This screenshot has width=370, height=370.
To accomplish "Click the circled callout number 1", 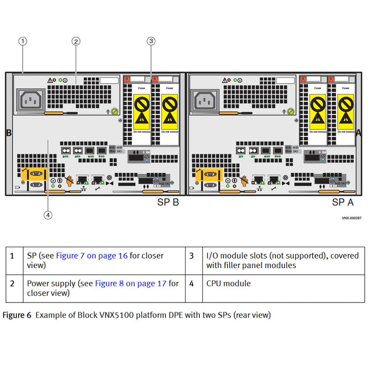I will [x=23, y=41].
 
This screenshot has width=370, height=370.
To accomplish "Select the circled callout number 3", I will [x=151, y=41].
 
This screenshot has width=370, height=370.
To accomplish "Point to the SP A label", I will [x=343, y=202].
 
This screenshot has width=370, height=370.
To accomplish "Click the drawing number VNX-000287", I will [x=351, y=218].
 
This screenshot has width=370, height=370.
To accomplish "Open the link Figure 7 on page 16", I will [x=92, y=256].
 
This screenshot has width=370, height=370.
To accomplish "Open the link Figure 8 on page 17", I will [x=130, y=284].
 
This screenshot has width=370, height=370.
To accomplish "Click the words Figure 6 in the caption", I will [x=17, y=315].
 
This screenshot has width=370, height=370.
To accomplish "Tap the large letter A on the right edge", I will [x=359, y=132].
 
